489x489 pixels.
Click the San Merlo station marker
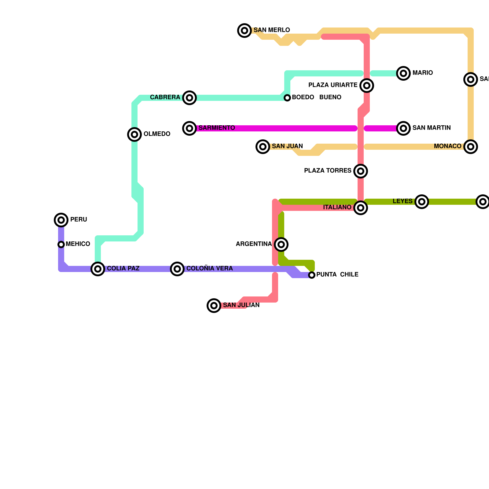(244, 31)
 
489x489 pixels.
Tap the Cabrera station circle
(189, 98)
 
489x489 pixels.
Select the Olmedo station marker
(134, 134)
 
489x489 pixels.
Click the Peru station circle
(61, 220)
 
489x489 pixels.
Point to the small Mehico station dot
(61, 244)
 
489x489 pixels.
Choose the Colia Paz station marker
(98, 269)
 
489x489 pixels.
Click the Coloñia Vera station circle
(177, 269)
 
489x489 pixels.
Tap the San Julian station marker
(214, 306)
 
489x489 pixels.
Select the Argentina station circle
(281, 244)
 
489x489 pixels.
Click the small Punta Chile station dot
(312, 275)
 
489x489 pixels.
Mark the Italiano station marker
(361, 208)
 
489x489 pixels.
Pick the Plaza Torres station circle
(361, 171)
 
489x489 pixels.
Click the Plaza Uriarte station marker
(367, 86)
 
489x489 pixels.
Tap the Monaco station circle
(471, 147)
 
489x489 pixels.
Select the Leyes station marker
(422, 202)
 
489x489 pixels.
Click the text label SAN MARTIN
(431, 128)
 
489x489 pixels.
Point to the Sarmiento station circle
(189, 128)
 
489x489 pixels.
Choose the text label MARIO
(422, 73)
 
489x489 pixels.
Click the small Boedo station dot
(287, 98)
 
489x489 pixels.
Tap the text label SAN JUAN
(287, 146)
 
